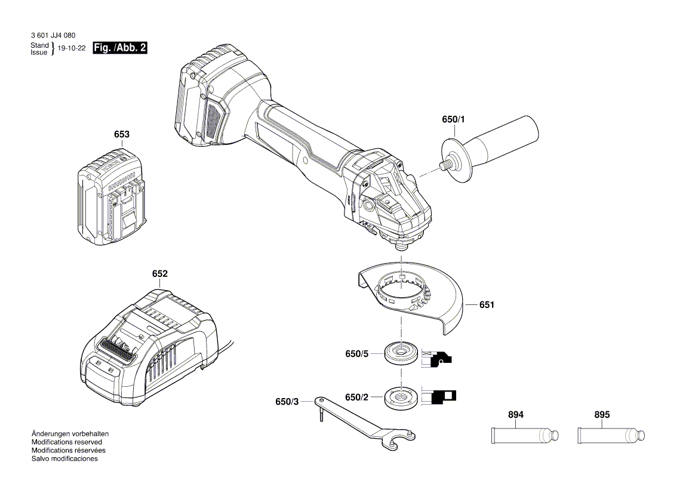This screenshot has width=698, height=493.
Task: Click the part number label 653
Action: tap(121, 135)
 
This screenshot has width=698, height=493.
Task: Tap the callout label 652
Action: tap(159, 274)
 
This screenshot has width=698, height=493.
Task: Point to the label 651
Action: tap(487, 305)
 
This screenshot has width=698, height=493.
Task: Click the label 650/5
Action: tap(357, 354)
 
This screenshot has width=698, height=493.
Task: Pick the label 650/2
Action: tap(357, 397)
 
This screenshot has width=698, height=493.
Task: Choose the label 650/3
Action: tap(287, 402)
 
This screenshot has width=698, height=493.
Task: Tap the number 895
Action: tap(602, 415)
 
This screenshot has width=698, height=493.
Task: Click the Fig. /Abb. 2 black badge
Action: tap(120, 48)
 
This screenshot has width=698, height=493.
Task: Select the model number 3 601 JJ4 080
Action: tap(53, 36)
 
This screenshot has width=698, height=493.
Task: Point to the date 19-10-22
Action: tap(72, 49)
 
